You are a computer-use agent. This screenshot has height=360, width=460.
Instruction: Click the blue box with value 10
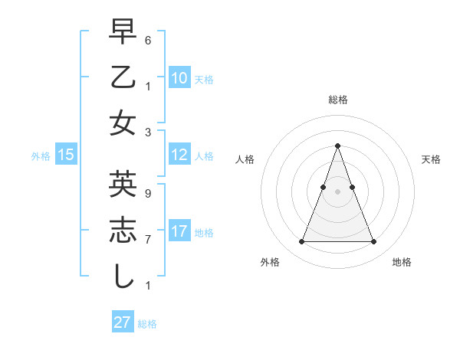tap(179, 78)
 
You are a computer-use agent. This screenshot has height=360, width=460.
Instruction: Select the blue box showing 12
tap(179, 155)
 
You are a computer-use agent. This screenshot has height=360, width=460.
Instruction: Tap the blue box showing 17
tap(179, 231)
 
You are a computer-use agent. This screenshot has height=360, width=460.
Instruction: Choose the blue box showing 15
tap(66, 155)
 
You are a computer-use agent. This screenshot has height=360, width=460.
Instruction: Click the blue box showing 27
tap(123, 322)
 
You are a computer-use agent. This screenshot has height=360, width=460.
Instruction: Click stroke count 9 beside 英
tap(148, 193)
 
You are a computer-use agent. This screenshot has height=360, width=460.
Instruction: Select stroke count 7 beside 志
tap(148, 239)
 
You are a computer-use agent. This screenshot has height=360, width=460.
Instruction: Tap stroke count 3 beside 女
tap(148, 131)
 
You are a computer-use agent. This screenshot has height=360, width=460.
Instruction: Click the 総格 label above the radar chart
tap(337, 100)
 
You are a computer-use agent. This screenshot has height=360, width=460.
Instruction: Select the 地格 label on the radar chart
tap(402, 263)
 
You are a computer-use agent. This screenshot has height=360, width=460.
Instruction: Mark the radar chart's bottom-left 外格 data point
tap(301, 242)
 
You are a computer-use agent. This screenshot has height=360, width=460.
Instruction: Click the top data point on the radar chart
tap(337, 146)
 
